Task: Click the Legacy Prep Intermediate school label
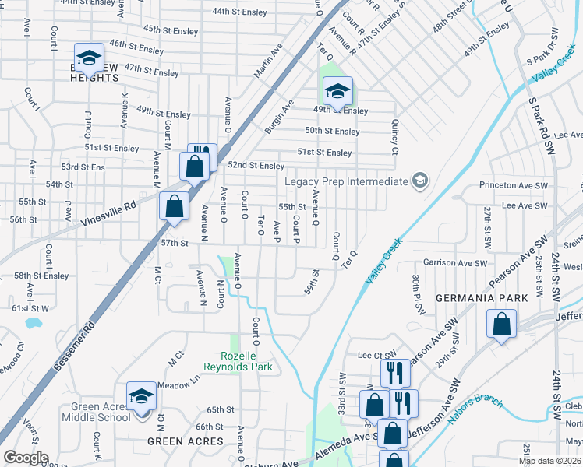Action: [347, 181]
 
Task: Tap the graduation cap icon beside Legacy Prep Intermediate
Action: [420, 181]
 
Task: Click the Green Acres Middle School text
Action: [101, 412]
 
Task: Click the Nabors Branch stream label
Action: [475, 409]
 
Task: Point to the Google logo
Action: [26, 458]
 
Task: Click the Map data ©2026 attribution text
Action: [549, 461]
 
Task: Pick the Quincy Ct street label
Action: [394, 140]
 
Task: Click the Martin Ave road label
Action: [268, 61]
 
